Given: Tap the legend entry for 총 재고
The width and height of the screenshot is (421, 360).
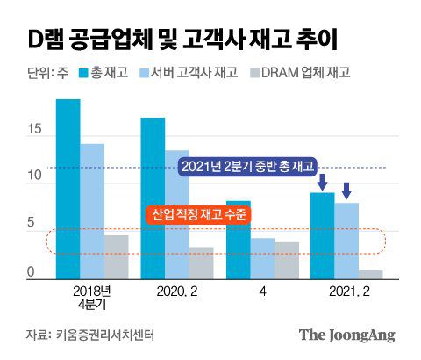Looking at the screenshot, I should tap(104, 74).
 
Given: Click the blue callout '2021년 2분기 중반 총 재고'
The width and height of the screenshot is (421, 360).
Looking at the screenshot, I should tap(246, 166).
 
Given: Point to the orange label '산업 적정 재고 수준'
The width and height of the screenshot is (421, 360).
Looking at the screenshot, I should tap(196, 214).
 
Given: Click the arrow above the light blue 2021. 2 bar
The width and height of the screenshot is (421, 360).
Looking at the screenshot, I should tap(346, 189).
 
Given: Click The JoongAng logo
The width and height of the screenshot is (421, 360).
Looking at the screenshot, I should tap(346, 335).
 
